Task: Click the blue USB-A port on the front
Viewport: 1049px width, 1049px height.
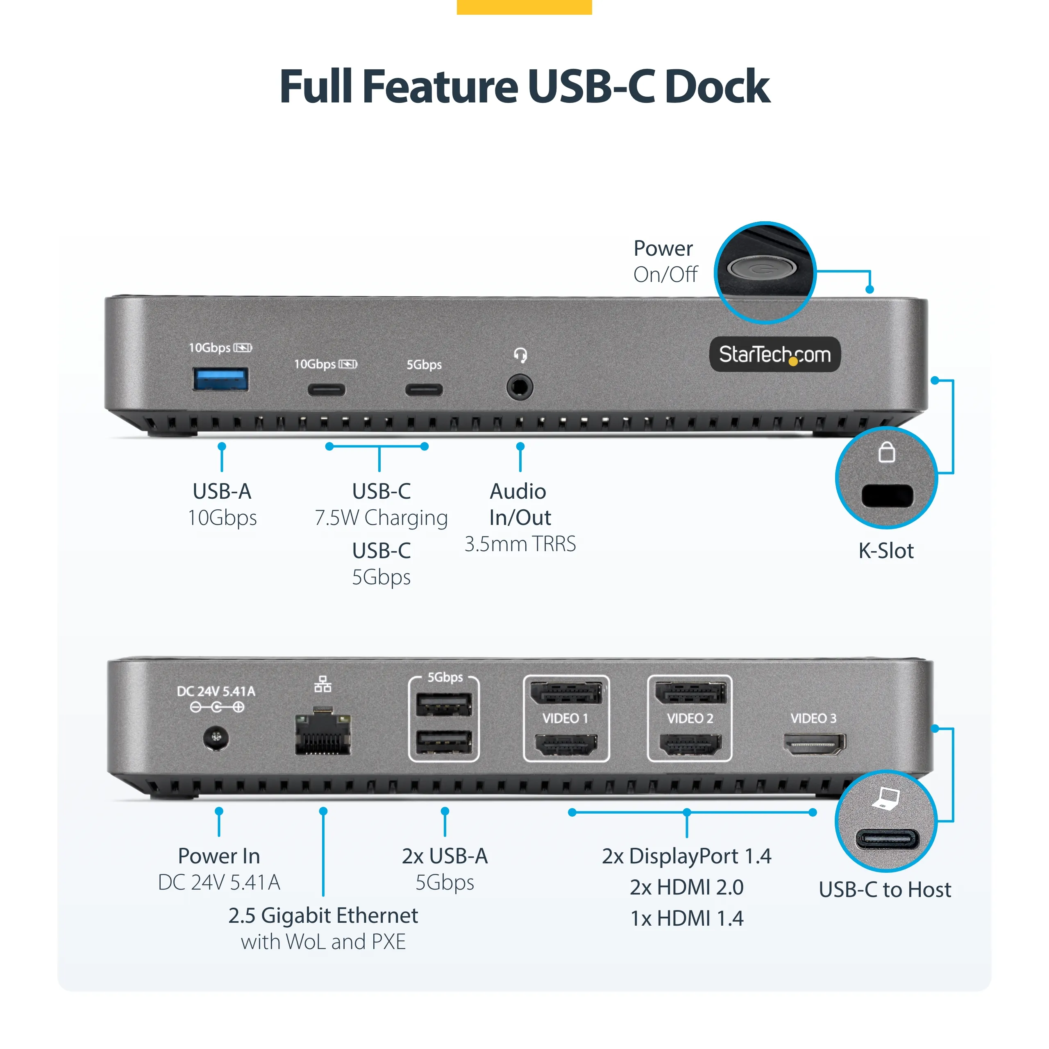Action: point(220,379)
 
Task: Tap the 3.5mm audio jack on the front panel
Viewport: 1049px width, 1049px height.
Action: point(520,388)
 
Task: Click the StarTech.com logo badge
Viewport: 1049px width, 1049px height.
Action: point(775,354)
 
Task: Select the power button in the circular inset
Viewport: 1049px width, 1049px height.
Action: point(761,268)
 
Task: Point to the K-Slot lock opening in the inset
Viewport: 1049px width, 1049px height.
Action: point(887,495)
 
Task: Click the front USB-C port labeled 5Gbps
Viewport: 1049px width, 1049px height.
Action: point(424,389)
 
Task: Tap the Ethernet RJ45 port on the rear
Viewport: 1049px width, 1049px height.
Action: point(322,734)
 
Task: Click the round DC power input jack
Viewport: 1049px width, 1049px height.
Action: point(216,738)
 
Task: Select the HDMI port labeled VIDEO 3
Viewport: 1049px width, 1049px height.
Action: point(814,743)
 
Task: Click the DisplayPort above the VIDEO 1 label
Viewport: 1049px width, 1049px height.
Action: point(566,693)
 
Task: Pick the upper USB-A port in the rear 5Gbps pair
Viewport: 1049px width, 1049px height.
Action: point(444,705)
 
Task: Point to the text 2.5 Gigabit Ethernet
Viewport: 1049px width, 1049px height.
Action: point(323,915)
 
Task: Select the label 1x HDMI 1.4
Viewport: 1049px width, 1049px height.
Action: point(687,918)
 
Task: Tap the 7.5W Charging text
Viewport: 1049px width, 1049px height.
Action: point(381,518)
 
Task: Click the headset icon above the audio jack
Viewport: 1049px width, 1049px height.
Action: point(520,356)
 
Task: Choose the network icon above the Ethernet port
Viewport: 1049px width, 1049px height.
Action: point(322,684)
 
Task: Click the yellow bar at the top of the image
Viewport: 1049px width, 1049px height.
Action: point(524,7)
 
